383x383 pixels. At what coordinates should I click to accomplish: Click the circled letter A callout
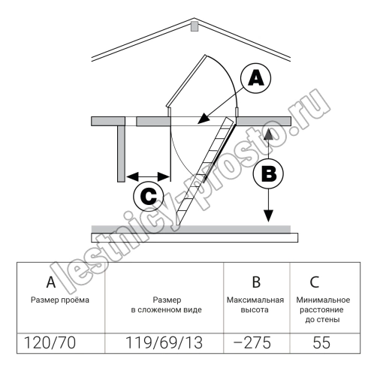click(x=255, y=78)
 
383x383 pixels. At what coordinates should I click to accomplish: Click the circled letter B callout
click(x=268, y=173)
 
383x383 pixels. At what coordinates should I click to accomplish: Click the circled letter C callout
click(x=149, y=196)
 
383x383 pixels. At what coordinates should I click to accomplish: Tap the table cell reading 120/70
click(x=50, y=342)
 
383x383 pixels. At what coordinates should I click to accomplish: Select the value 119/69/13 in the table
click(x=164, y=342)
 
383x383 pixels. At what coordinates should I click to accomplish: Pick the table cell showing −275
click(x=252, y=342)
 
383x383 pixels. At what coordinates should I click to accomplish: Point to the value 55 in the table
click(x=321, y=342)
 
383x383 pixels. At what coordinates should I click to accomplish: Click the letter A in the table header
click(x=51, y=282)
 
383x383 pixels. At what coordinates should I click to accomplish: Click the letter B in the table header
click(x=256, y=282)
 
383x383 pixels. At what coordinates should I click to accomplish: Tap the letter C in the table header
click(x=315, y=282)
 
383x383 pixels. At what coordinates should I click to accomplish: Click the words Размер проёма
click(x=60, y=300)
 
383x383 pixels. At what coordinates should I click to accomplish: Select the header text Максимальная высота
click(x=255, y=305)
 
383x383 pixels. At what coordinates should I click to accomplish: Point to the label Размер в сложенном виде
click(x=167, y=305)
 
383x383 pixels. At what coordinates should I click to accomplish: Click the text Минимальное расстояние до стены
click(x=323, y=309)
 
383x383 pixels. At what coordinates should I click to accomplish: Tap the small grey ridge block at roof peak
click(x=195, y=26)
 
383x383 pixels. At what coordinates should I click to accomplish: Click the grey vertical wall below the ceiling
click(x=121, y=154)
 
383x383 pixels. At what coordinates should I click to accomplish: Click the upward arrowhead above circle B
click(x=268, y=134)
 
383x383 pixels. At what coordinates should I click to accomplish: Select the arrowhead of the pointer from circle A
click(x=204, y=119)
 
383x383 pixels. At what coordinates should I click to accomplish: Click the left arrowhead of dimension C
click(x=132, y=176)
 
